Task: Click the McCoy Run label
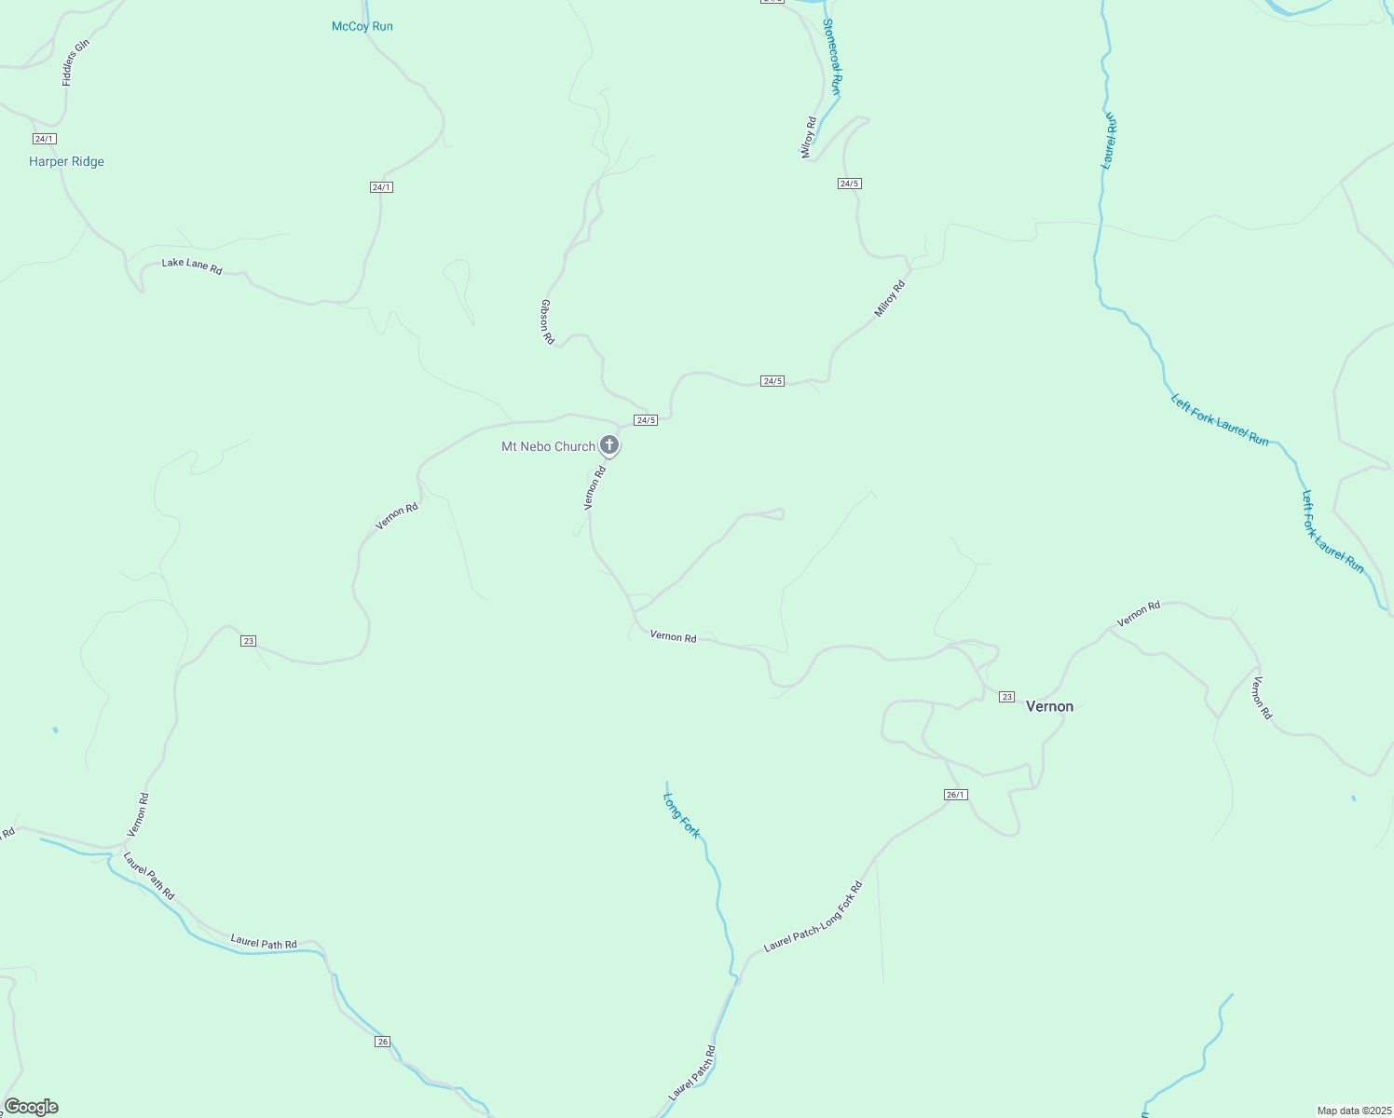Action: click(x=362, y=26)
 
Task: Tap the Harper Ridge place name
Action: click(x=66, y=161)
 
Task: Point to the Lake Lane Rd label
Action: click(x=192, y=266)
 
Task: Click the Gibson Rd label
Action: click(x=548, y=321)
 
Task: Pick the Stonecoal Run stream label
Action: click(x=832, y=57)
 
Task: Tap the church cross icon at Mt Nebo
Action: click(x=608, y=445)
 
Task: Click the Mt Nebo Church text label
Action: click(x=548, y=446)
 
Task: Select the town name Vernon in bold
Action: click(x=1049, y=706)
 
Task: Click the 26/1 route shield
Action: click(x=956, y=795)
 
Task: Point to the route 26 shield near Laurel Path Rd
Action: click(x=383, y=1041)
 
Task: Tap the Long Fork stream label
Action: click(x=681, y=815)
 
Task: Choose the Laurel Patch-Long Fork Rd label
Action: click(x=813, y=917)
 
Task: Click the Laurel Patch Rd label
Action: click(x=692, y=1071)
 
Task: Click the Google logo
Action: click(x=32, y=1107)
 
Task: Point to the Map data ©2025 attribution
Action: click(x=1354, y=1111)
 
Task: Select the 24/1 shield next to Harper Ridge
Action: click(x=44, y=139)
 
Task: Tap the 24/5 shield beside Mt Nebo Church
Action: click(x=646, y=420)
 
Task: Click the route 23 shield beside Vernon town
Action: click(x=1006, y=697)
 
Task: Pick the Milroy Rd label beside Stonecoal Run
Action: click(x=809, y=137)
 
